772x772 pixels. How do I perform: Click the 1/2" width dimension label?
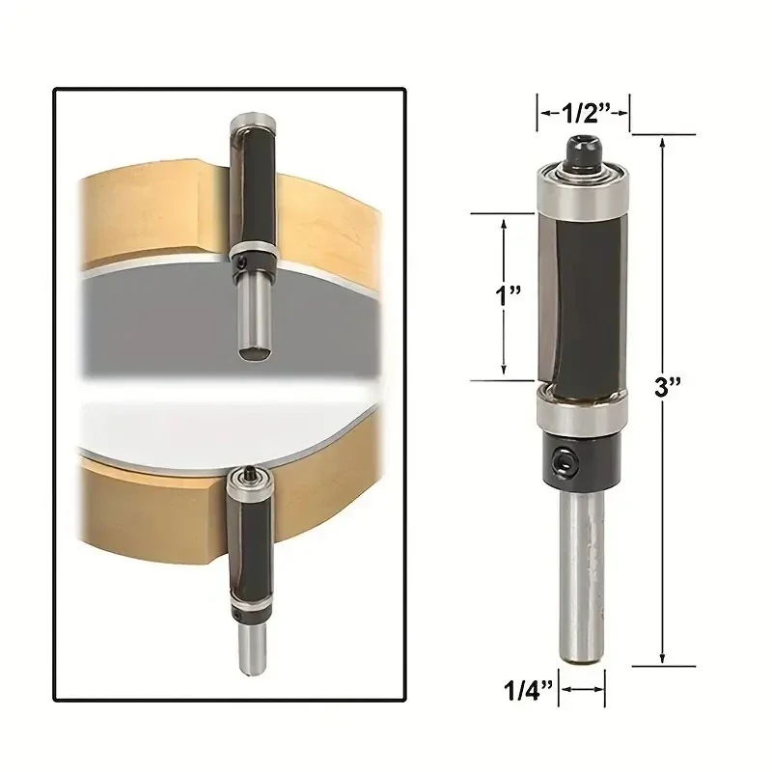tap(584, 115)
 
